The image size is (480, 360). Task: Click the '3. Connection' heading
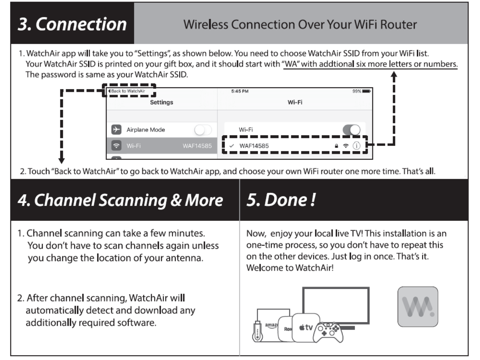click(x=72, y=24)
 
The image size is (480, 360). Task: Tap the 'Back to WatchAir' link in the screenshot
click(x=128, y=91)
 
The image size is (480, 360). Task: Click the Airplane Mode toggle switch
click(x=203, y=130)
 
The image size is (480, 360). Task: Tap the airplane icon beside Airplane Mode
click(x=116, y=129)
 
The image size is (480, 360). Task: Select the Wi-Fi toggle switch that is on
click(x=351, y=130)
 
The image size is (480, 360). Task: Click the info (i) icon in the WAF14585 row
click(x=356, y=146)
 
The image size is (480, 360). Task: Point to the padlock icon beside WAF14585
click(x=336, y=146)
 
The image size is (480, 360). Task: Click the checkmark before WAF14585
click(x=231, y=146)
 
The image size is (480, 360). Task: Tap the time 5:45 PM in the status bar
click(x=240, y=91)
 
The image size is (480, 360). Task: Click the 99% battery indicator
click(x=361, y=91)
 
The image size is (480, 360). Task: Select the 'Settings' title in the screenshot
click(x=161, y=102)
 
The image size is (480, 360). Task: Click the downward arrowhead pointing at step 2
click(x=61, y=161)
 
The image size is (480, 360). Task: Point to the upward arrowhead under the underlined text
click(x=394, y=75)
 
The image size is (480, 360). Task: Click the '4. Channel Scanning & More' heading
click(x=120, y=200)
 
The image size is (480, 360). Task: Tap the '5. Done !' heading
click(x=281, y=200)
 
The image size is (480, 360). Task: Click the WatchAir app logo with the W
click(x=418, y=307)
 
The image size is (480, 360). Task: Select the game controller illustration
click(x=329, y=332)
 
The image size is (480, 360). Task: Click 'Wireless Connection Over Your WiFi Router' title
click(x=300, y=24)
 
